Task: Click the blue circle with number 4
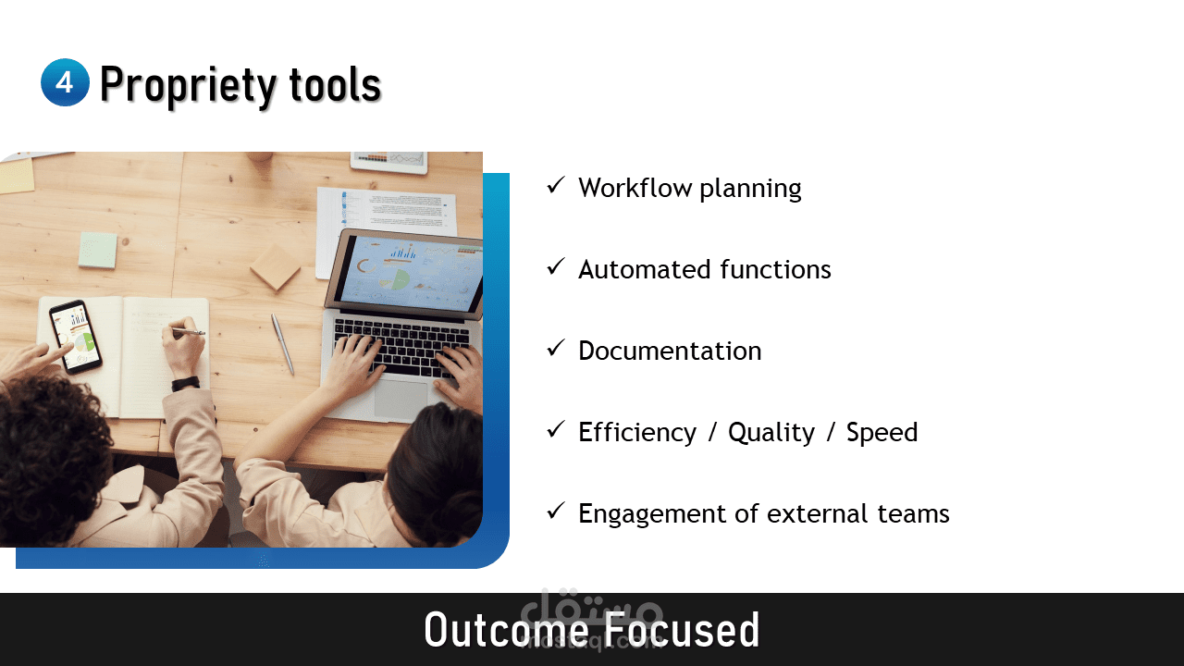pyautogui.click(x=65, y=82)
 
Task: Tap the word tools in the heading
pyautogui.click(x=335, y=84)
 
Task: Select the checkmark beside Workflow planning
pyautogui.click(x=556, y=186)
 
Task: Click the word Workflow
pyautogui.click(x=635, y=188)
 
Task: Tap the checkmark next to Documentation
pyautogui.click(x=556, y=349)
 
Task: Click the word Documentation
pyautogui.click(x=670, y=351)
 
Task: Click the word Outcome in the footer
pyautogui.click(x=506, y=629)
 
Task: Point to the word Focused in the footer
pyautogui.click(x=682, y=629)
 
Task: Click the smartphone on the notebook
pyautogui.click(x=76, y=336)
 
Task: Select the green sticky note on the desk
pyautogui.click(x=97, y=250)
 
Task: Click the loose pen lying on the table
pyautogui.click(x=282, y=344)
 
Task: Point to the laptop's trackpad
pyautogui.click(x=401, y=400)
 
